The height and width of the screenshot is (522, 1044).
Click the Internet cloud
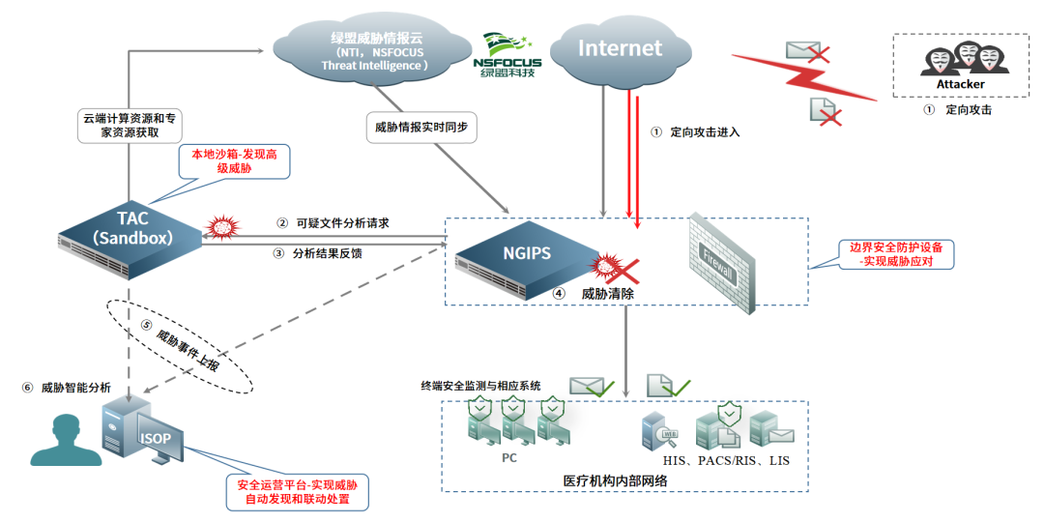coord(621,48)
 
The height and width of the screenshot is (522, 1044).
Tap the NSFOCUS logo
coord(507,56)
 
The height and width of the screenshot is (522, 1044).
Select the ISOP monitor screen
coord(157,439)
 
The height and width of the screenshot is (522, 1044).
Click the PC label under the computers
coord(509,457)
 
